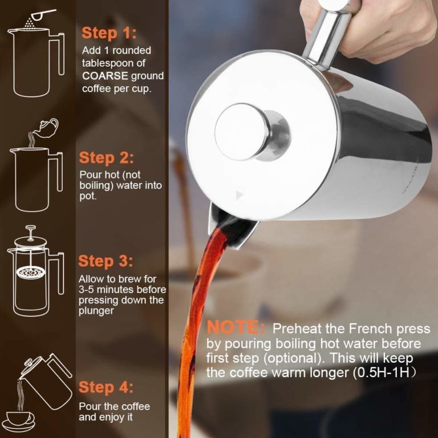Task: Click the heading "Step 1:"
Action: [x=109, y=33]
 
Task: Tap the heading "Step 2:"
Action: [x=107, y=157]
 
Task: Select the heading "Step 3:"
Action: [x=106, y=261]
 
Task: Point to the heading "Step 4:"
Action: [x=106, y=387]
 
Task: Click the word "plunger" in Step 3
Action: [x=96, y=311]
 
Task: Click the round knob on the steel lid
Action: [x=246, y=131]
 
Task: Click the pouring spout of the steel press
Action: [x=231, y=228]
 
